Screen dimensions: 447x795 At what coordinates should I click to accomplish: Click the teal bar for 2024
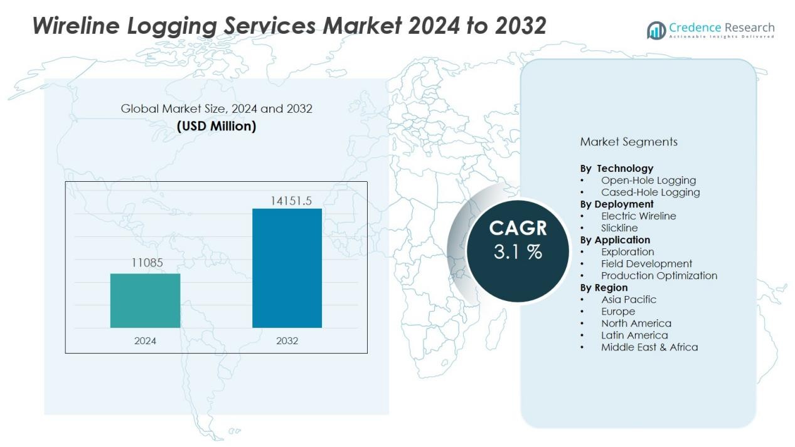click(145, 300)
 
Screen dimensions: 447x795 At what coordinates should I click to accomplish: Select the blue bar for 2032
click(287, 268)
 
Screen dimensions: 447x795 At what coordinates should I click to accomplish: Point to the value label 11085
click(147, 263)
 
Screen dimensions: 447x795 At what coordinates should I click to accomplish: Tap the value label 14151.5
click(291, 201)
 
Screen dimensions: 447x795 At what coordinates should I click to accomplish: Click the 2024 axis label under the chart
click(145, 341)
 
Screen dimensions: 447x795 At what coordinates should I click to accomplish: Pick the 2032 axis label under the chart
click(287, 341)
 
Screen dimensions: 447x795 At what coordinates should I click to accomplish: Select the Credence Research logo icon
click(656, 30)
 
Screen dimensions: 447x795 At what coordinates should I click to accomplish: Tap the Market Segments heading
click(629, 142)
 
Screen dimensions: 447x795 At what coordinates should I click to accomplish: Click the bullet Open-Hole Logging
click(648, 181)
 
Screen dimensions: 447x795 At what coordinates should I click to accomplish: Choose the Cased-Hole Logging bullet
click(650, 192)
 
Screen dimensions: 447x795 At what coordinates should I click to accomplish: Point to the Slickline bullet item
click(619, 228)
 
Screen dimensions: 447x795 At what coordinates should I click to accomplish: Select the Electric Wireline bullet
click(638, 216)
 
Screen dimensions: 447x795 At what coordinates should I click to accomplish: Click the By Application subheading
click(615, 240)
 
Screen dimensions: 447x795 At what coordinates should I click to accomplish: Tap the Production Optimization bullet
click(659, 276)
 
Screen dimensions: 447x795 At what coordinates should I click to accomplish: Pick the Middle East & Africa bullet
click(649, 347)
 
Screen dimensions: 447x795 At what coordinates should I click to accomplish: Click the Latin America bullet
click(634, 335)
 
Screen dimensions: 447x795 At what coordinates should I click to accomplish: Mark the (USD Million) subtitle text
click(216, 126)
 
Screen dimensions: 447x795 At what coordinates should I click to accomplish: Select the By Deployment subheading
click(617, 204)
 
